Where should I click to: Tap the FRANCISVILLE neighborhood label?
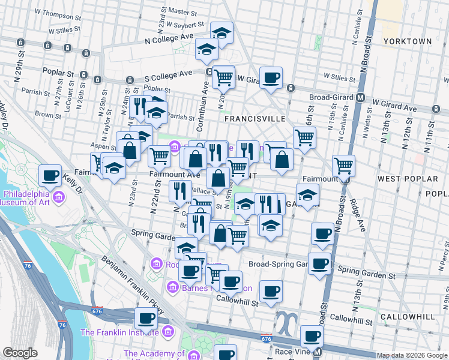255,119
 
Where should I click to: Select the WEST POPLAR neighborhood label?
405,179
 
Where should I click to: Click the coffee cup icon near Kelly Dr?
50,175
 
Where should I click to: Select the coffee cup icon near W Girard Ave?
271,77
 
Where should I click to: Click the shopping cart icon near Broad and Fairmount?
343,166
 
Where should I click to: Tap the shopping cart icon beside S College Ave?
223,76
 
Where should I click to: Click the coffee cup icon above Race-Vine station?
311,336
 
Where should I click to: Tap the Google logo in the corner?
20,352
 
